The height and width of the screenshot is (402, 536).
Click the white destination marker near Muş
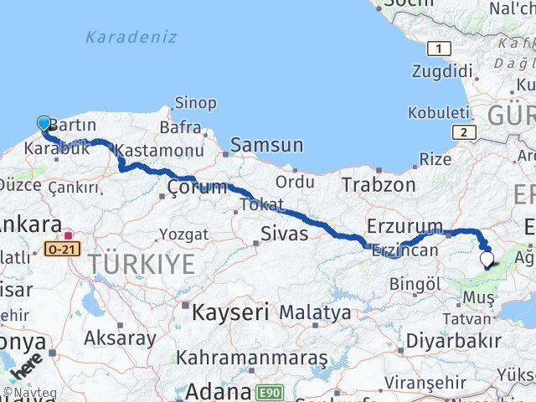click(x=487, y=260)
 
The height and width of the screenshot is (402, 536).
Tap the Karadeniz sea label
click(x=131, y=37)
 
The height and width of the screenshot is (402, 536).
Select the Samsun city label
click(x=266, y=145)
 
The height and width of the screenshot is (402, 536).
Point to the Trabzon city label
click(x=379, y=184)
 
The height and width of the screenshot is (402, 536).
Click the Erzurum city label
click(x=405, y=226)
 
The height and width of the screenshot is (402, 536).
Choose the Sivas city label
click(x=279, y=232)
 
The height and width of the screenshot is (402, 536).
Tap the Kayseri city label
click(x=230, y=313)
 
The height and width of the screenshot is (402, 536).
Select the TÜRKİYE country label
click(x=142, y=265)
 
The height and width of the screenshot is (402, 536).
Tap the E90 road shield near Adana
click(x=270, y=391)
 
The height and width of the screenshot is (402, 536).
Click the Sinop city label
click(x=195, y=103)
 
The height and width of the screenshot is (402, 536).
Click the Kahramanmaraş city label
click(x=251, y=358)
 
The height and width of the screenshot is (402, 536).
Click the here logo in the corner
click(x=25, y=367)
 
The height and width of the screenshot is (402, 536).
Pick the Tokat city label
click(x=261, y=204)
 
